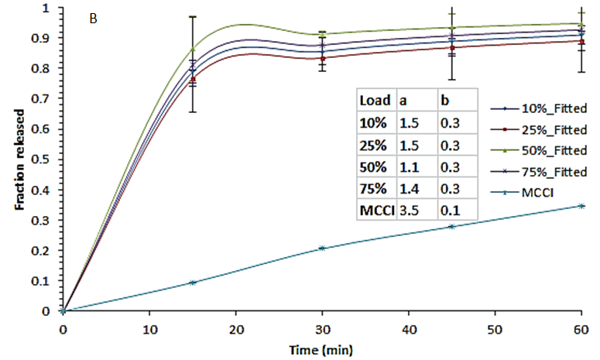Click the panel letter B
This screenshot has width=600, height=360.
point(93,19)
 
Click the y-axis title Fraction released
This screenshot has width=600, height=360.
point(21,159)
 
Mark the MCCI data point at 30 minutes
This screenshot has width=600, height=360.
point(321,249)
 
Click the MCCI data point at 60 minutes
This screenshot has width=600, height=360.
point(579,206)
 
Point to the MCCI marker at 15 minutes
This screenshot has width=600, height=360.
point(193,283)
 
